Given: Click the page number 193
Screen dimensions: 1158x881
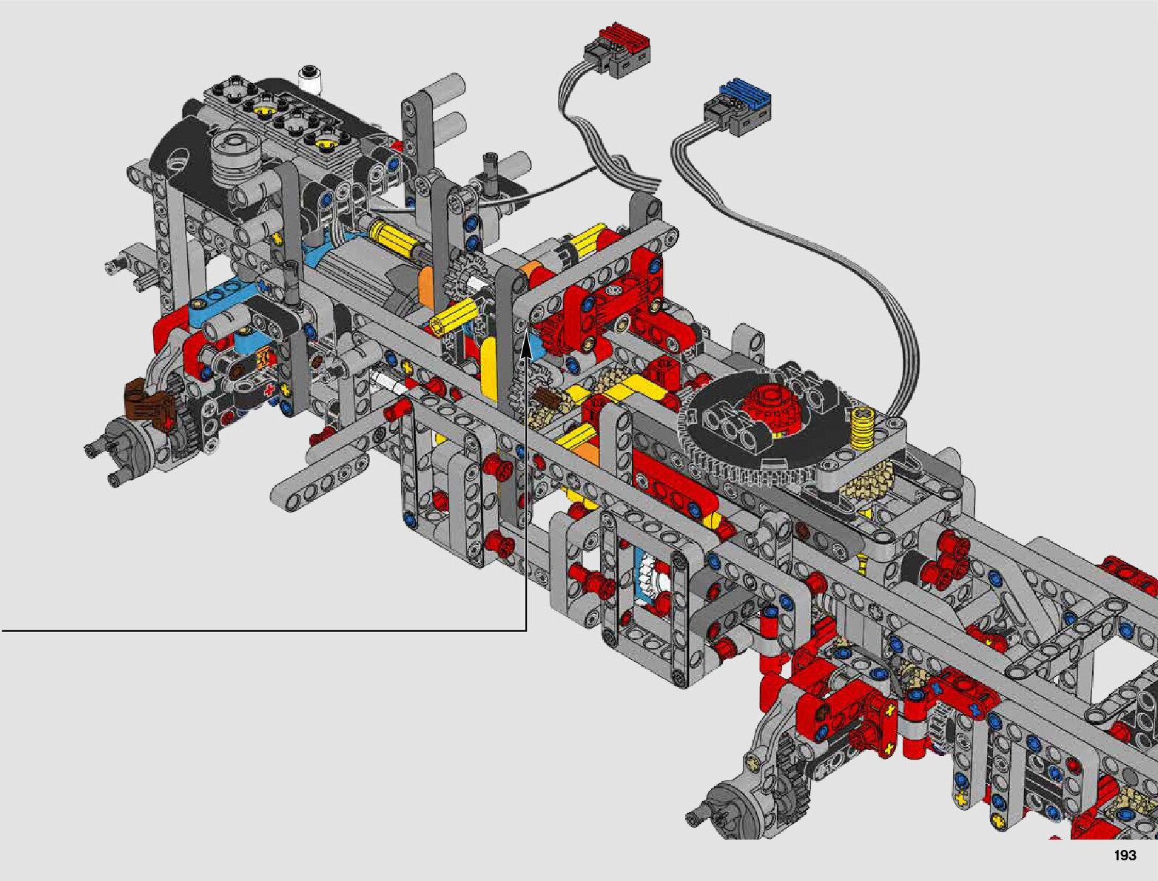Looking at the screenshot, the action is tap(1125, 855).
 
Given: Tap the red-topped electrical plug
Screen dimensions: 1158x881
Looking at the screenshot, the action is tap(617, 50).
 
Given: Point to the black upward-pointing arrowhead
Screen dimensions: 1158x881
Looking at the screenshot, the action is tap(526, 347).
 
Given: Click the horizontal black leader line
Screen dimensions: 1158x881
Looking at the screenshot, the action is tap(263, 629).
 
